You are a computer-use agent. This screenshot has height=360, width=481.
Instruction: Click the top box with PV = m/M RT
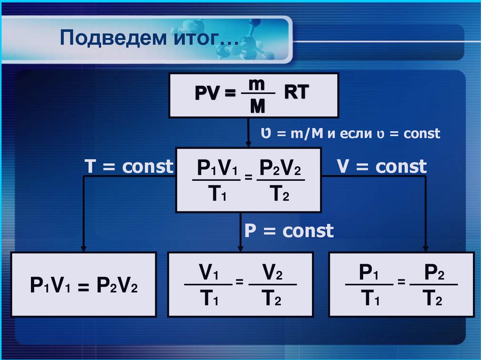tap(253, 95)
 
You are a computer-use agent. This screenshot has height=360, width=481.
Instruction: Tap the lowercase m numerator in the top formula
tap(257, 84)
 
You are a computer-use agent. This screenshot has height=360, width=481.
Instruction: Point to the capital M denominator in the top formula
tap(257, 107)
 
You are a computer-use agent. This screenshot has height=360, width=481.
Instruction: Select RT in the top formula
tap(296, 92)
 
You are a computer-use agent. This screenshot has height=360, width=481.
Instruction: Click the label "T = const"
tap(128, 167)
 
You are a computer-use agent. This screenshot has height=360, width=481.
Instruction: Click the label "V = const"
tap(381, 166)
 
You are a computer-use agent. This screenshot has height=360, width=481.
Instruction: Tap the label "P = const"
tap(288, 231)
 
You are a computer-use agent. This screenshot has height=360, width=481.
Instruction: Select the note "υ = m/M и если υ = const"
tap(350, 134)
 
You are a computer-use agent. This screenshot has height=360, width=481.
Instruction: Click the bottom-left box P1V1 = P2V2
tap(84, 285)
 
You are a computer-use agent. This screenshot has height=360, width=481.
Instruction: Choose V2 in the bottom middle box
tap(271, 273)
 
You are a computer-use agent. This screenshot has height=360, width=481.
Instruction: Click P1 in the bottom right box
tap(369, 273)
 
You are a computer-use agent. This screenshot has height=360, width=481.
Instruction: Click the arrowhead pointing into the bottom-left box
tap(84, 248)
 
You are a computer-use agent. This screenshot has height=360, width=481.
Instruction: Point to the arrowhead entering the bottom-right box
tap(426, 248)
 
